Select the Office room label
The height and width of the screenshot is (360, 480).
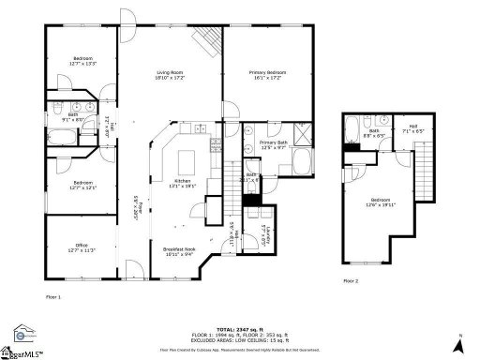82,248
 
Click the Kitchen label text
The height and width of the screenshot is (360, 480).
183,183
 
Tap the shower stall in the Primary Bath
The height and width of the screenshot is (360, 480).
303,135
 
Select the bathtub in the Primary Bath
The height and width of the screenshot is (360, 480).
299,162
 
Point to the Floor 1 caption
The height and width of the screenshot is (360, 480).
53,296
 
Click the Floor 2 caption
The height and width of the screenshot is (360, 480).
350,280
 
